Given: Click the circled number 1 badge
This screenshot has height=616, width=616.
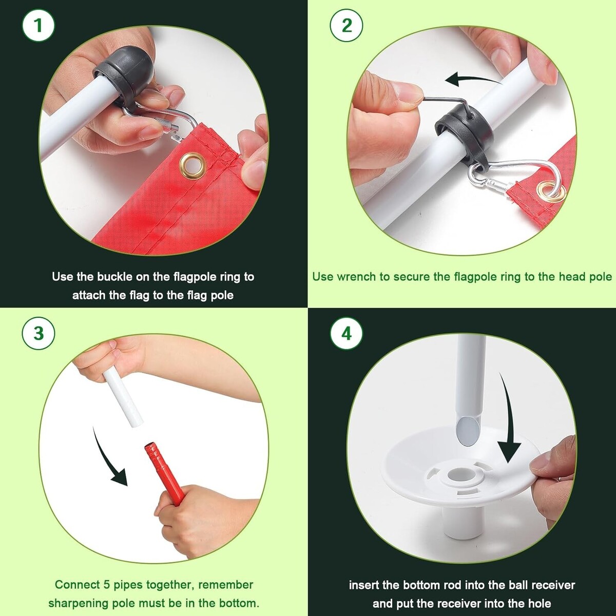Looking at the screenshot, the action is pyautogui.click(x=38, y=25).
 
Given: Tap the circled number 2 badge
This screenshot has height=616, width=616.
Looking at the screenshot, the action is pyautogui.click(x=346, y=25).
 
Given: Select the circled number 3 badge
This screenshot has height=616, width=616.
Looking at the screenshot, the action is pyautogui.click(x=38, y=333).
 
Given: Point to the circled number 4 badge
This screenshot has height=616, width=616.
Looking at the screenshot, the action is pyautogui.click(x=346, y=333).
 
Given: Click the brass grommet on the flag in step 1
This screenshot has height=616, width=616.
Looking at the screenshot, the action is pyautogui.click(x=193, y=165).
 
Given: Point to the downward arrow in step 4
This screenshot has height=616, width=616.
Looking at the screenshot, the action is pyautogui.click(x=508, y=422).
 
